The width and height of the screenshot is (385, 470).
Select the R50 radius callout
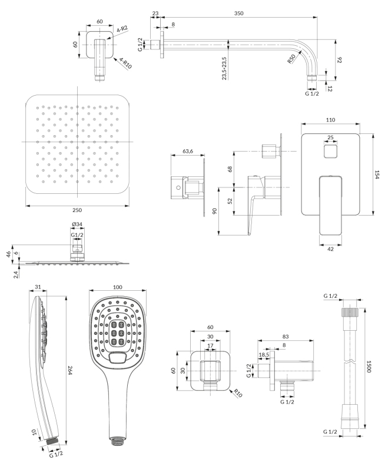[x=291, y=60]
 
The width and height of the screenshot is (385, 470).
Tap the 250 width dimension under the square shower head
[x=77, y=210]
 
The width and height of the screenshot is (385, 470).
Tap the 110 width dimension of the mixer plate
[x=330, y=120]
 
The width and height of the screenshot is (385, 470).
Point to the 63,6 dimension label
[x=188, y=151]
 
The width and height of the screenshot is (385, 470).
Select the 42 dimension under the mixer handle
[x=330, y=249]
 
